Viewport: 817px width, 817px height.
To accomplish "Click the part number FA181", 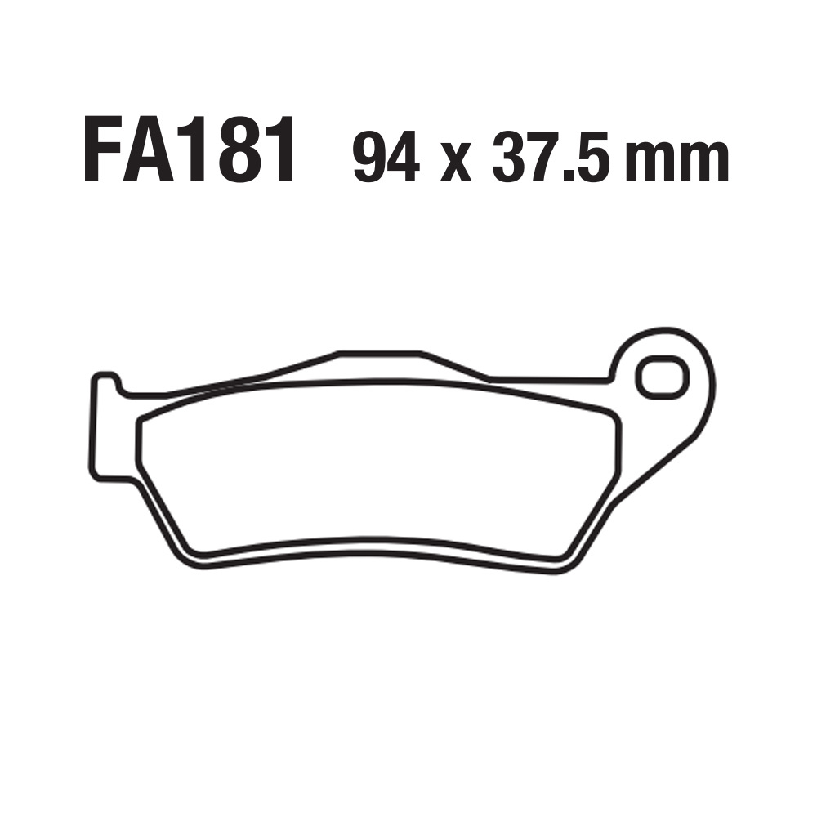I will [x=190, y=152].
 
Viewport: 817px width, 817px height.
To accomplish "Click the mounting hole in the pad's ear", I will [x=662, y=378].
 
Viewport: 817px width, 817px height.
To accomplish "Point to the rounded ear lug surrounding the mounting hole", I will [x=694, y=359].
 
